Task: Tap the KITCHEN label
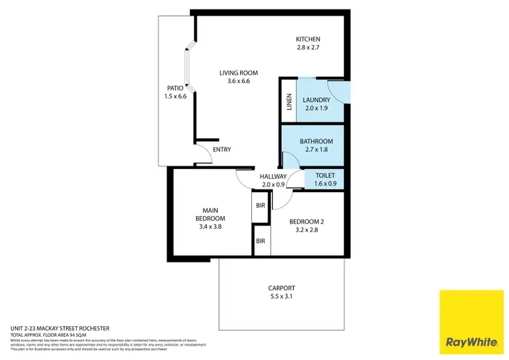pyautogui.click(x=307, y=39)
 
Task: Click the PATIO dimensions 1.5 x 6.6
pyautogui.click(x=175, y=96)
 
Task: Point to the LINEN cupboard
pyautogui.click(x=289, y=104)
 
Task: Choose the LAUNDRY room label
pyautogui.click(x=316, y=101)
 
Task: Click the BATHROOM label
pyautogui.click(x=316, y=141)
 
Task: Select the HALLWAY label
pyautogui.click(x=274, y=177)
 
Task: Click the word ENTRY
pyautogui.click(x=222, y=150)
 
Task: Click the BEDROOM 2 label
pyautogui.click(x=307, y=221)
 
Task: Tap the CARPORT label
pyautogui.click(x=282, y=288)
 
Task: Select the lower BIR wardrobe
pyautogui.click(x=260, y=241)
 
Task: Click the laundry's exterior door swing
pyautogui.click(x=338, y=90)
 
